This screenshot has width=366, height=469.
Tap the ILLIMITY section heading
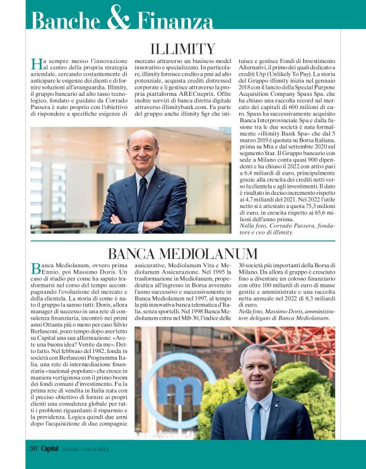click(183, 49)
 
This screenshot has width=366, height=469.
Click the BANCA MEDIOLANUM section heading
click(182, 254)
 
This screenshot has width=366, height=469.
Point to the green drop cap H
click(36, 64)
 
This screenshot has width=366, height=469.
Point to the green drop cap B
click(35, 269)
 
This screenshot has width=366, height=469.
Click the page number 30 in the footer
click(33, 448)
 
